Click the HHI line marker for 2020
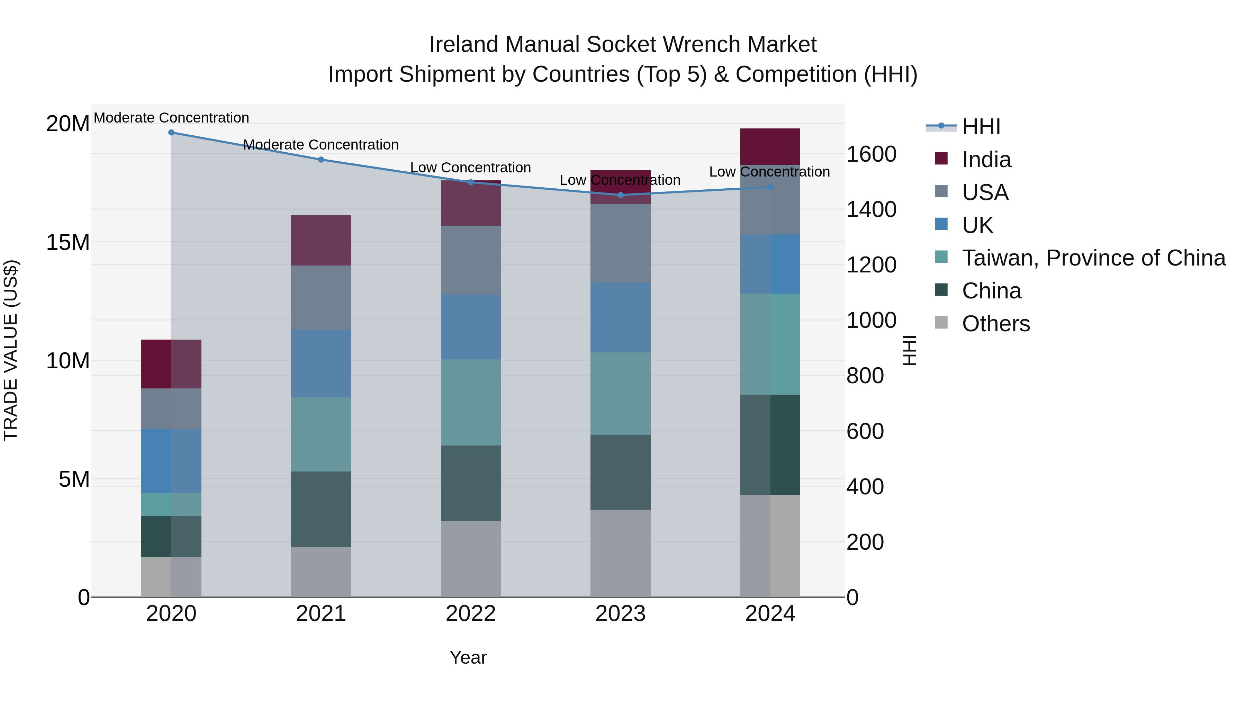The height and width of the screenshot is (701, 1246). [171, 133]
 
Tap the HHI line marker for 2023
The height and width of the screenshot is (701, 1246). [621, 195]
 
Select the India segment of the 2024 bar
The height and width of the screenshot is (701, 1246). [770, 146]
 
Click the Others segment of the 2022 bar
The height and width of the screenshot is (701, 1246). [471, 559]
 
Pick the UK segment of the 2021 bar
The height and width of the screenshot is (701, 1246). [321, 364]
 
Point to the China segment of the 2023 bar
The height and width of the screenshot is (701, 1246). [621, 472]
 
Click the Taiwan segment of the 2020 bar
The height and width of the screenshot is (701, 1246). [171, 505]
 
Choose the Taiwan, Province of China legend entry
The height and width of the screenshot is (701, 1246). [1093, 258]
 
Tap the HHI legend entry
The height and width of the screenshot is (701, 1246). [981, 127]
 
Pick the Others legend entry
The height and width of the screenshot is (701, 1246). [995, 324]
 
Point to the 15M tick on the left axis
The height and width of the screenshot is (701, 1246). [68, 242]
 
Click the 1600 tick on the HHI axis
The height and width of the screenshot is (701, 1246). [871, 154]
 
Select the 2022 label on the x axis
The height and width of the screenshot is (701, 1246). [471, 614]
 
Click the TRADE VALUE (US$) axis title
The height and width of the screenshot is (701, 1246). [11, 350]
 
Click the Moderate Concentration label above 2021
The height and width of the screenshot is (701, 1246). [321, 145]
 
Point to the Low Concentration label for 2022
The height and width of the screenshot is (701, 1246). [471, 168]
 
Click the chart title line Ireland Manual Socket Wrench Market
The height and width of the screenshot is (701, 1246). [623, 45]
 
